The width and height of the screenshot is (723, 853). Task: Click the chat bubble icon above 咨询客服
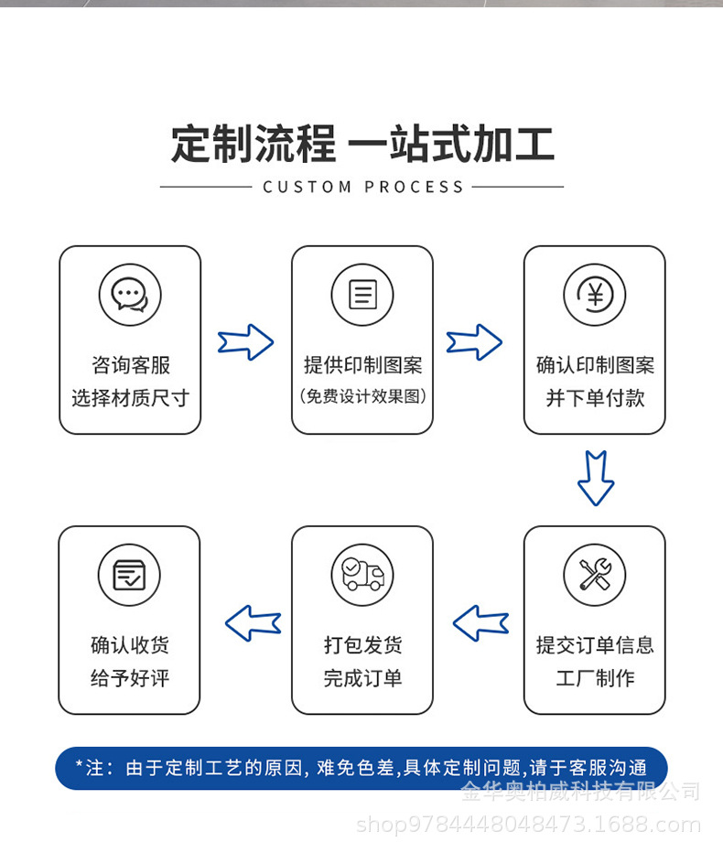tap(130, 295)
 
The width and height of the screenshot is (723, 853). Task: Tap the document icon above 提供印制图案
tap(362, 295)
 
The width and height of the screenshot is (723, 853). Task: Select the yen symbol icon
tap(595, 295)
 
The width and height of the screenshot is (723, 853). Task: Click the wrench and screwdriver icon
tap(595, 575)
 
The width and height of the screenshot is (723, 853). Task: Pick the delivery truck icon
tap(362, 575)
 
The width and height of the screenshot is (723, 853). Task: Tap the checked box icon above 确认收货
tap(129, 575)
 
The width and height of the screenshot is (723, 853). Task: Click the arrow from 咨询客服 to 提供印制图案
tap(245, 342)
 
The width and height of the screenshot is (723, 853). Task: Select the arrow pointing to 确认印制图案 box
tap(474, 342)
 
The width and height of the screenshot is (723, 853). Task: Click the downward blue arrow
tap(595, 478)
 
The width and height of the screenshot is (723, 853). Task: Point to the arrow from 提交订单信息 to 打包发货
tap(480, 623)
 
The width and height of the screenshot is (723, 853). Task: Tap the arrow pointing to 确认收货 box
tap(253, 623)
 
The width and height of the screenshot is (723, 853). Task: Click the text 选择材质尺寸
tap(130, 398)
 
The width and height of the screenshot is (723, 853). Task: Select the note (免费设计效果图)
tap(362, 396)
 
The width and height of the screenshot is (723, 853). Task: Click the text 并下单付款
tap(595, 398)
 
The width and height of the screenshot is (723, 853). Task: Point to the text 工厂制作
tap(595, 678)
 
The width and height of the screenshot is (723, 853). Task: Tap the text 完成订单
tap(362, 678)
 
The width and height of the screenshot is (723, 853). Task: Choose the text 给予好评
tap(130, 678)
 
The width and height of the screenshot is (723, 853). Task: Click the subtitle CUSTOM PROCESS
tap(363, 187)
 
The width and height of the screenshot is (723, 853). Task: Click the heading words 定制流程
tap(254, 145)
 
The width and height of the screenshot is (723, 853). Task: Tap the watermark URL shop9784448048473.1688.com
tap(528, 825)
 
